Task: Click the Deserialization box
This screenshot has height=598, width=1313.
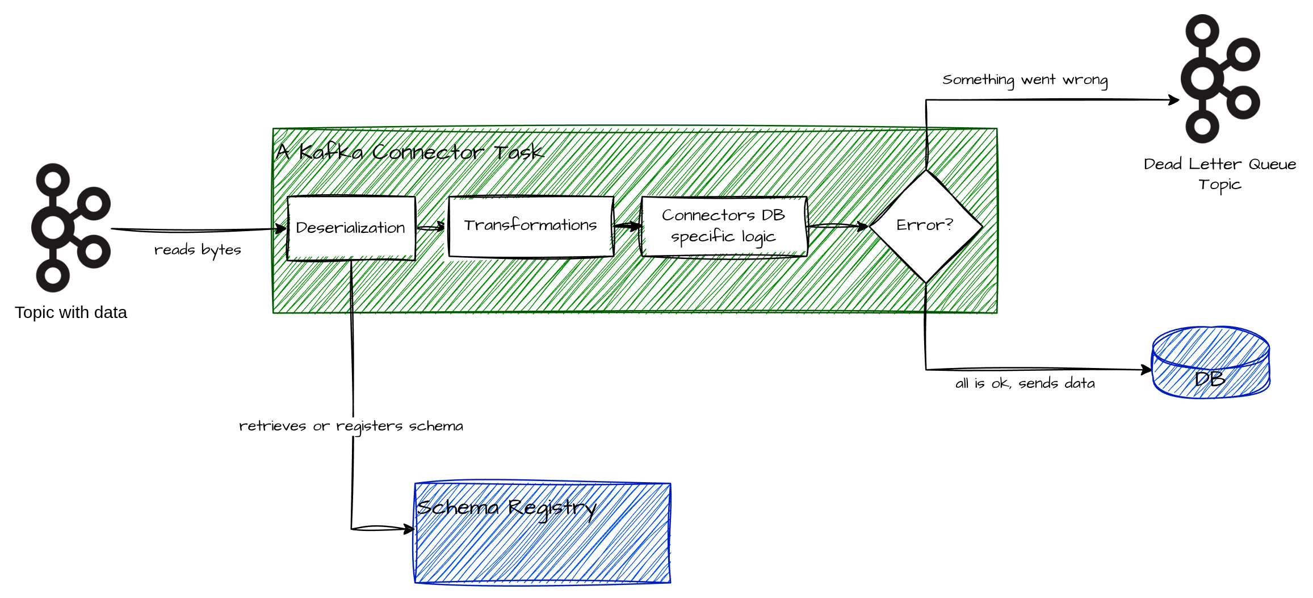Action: [351, 228]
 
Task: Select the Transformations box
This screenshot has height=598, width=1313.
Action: [530, 226]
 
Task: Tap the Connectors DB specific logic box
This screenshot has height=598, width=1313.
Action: [723, 226]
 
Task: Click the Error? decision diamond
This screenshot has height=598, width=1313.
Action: [925, 226]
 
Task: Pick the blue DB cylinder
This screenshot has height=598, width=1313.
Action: [1210, 363]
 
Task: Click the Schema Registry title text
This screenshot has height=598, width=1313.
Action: [506, 507]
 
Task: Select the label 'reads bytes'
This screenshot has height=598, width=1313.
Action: [198, 250]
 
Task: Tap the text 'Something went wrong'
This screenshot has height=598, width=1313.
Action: [1025, 80]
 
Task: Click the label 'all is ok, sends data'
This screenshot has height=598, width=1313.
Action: [1025, 383]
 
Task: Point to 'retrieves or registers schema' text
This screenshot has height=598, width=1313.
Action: [351, 426]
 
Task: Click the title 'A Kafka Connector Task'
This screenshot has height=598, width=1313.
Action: [409, 152]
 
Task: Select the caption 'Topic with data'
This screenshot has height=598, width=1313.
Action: [71, 312]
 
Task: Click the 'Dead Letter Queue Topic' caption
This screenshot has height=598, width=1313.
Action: [1219, 174]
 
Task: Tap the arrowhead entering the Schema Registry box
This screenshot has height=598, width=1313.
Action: [409, 529]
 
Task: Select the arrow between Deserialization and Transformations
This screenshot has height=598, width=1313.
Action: [431, 227]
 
